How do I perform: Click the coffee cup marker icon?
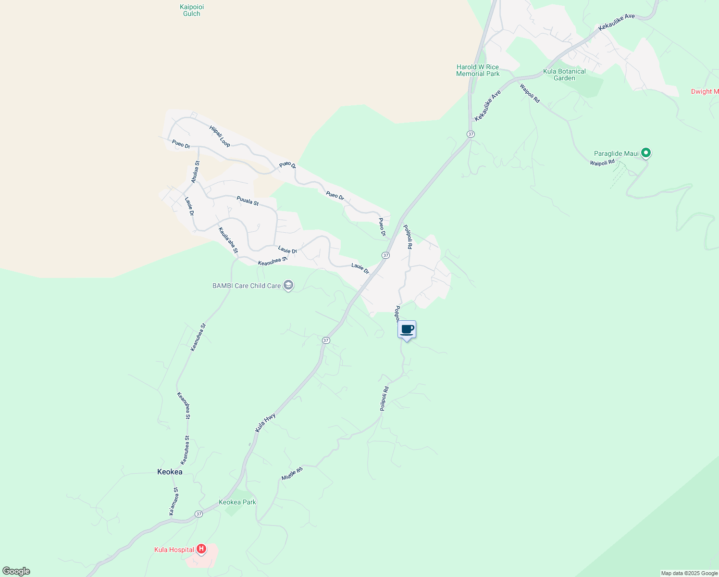pos(407,330)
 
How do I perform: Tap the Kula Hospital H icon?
pos(201,549)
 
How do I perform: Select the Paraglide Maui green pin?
pos(646,153)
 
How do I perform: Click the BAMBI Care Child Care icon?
pos(288,286)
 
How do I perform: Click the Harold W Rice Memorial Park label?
pos(478,70)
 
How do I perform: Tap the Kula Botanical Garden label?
pos(564,75)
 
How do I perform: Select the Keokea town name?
pos(170,472)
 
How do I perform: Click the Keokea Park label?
pos(237,502)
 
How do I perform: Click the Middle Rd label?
pos(292,473)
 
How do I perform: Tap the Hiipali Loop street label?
pos(220,136)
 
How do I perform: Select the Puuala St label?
pos(248,201)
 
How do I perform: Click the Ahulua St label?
pos(195,172)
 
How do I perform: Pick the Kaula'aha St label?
pos(228,240)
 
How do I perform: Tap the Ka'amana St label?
pos(174,502)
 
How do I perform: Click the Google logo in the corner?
pos(16,571)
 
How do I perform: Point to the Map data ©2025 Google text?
pos(689,573)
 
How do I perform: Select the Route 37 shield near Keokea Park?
pos(199,514)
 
